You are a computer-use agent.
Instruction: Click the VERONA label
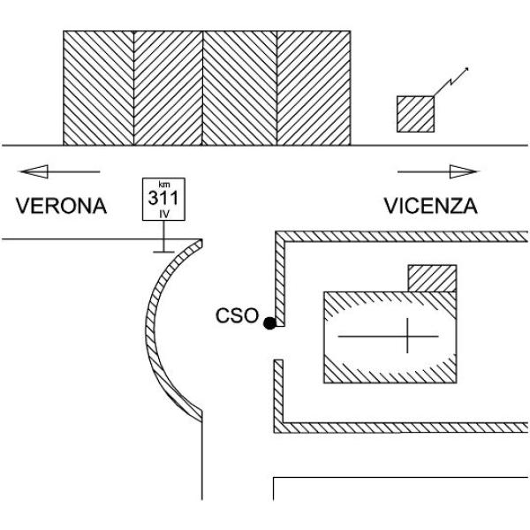[61, 206]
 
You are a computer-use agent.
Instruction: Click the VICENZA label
[431, 206]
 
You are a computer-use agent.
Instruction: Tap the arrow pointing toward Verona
[59, 171]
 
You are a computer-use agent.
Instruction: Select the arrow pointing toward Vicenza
[438, 171]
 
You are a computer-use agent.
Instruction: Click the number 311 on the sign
[163, 198]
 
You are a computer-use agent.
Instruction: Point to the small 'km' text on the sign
[164, 185]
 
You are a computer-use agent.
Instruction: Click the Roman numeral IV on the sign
[164, 214]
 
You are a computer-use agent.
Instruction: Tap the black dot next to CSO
[269, 323]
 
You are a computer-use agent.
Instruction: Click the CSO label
[237, 315]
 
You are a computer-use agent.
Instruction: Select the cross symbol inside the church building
[407, 336]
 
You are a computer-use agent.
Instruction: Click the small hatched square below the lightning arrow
[415, 114]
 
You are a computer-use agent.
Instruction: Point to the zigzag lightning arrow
[451, 81]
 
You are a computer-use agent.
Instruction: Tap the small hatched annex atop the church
[432, 278]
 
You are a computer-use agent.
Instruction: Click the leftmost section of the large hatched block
[98, 87]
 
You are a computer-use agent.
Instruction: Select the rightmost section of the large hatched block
[314, 87]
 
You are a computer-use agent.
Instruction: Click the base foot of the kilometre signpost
[164, 252]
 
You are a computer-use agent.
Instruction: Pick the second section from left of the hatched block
[168, 87]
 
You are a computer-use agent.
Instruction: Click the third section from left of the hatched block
[239, 87]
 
